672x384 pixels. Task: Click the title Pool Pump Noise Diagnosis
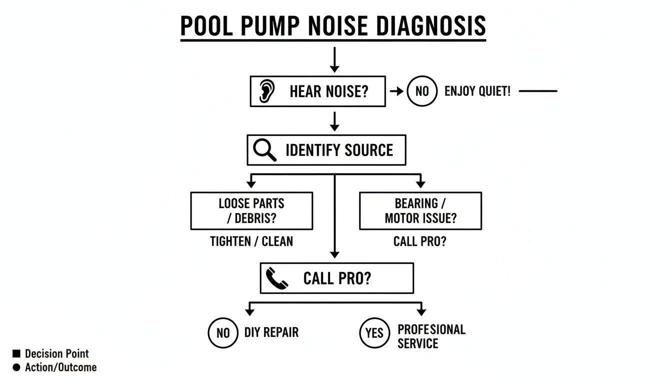[x=333, y=26]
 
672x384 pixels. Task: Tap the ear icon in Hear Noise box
[x=267, y=92]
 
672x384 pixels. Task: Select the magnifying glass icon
[x=264, y=150]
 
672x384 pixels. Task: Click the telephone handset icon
[x=276, y=278]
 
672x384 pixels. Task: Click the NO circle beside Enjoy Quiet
[x=421, y=91]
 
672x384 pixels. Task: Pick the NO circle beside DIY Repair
[x=223, y=332]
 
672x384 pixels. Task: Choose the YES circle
[x=374, y=332]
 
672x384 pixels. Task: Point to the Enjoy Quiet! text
[x=477, y=91]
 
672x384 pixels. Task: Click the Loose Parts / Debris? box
[x=251, y=211]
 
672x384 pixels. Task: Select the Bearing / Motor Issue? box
[x=420, y=211]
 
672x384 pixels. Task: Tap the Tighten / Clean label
[x=251, y=241]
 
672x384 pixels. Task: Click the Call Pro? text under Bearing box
[x=420, y=241]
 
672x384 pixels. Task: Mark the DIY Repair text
[x=271, y=332]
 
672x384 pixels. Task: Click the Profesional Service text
[x=431, y=336]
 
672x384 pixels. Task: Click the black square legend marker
[x=16, y=354]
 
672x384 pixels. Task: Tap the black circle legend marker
[x=16, y=367]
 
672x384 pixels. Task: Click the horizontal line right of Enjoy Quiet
[x=537, y=91]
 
